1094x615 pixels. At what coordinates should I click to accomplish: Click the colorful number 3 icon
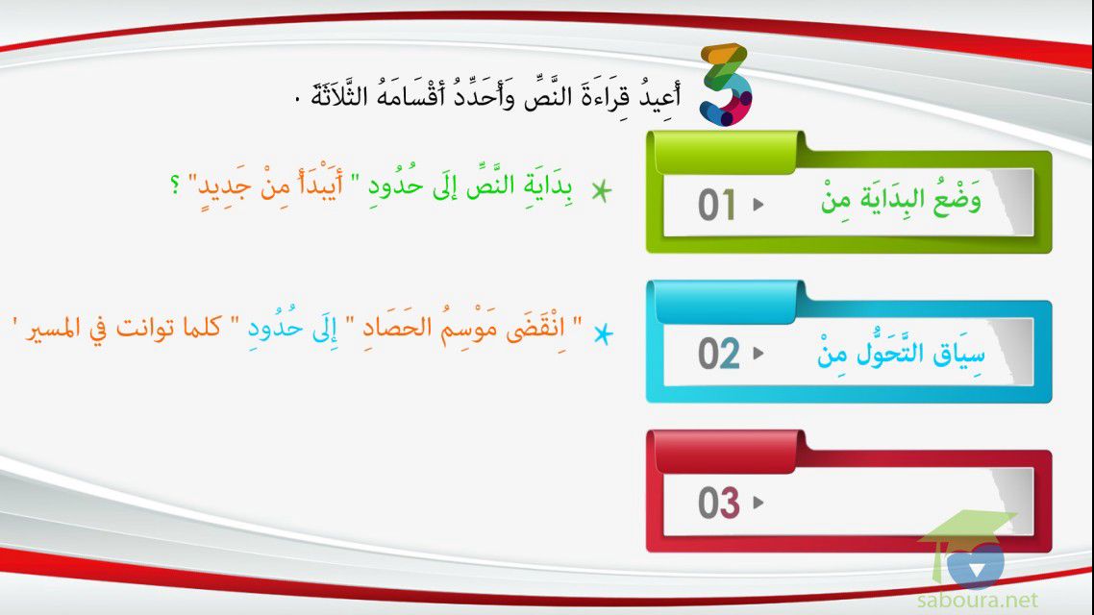tap(727, 85)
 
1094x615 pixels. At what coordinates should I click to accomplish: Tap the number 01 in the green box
tap(716, 205)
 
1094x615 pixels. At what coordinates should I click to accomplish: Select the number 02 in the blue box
tap(719, 354)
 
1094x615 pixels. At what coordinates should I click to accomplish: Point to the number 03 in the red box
tap(719, 503)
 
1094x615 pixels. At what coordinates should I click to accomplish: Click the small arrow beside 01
tap(758, 205)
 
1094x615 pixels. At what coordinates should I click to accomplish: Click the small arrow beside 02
tap(758, 354)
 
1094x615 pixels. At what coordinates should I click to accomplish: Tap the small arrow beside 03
tap(758, 503)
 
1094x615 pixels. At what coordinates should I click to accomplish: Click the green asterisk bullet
tap(601, 190)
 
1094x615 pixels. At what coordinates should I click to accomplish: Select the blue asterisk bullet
tap(603, 334)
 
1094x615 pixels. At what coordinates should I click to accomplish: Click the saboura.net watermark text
tap(977, 600)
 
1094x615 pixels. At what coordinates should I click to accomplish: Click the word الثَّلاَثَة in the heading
tap(339, 94)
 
